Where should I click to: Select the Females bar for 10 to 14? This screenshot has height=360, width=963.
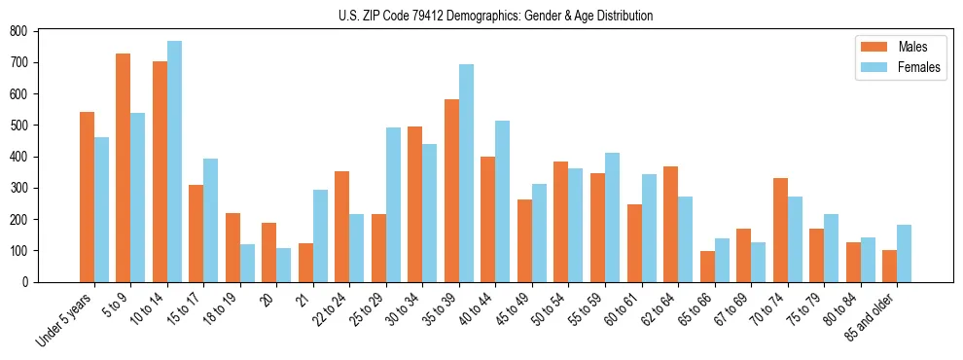coord(174,162)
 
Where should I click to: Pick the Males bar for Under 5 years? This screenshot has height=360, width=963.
coord(87,197)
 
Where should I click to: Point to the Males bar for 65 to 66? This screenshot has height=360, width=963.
coord(707,267)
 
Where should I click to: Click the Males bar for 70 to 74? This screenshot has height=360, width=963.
coord(780,230)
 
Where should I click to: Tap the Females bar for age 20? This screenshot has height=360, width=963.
coord(284,265)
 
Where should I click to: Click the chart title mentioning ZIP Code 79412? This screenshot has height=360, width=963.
coord(495,16)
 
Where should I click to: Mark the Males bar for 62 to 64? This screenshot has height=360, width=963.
coord(670,224)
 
